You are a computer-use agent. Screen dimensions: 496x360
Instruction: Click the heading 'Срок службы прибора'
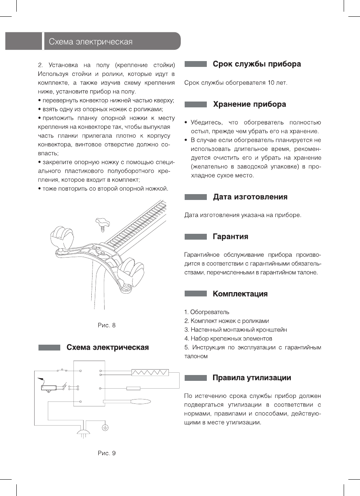pyautogui.click(x=257, y=64)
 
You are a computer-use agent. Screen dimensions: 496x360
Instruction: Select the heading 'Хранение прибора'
pyautogui.click(x=249, y=104)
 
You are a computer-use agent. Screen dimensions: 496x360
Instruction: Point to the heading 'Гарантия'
pyautogui.click(x=230, y=237)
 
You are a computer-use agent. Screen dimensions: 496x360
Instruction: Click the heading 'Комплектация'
pyautogui.click(x=240, y=294)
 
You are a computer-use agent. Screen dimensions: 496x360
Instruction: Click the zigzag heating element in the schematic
pyautogui.click(x=150, y=373)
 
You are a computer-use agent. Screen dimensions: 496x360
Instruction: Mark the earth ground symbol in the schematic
pyautogui.click(x=105, y=428)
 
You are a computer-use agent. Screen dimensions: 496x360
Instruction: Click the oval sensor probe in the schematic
pyautogui.click(x=140, y=401)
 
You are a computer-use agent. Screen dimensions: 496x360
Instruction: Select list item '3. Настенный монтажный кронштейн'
pyautogui.click(x=236, y=329)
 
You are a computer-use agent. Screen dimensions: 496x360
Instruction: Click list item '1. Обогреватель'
pyautogui.click(x=207, y=312)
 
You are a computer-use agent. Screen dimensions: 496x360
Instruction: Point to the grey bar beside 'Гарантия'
pyautogui.click(x=196, y=237)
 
